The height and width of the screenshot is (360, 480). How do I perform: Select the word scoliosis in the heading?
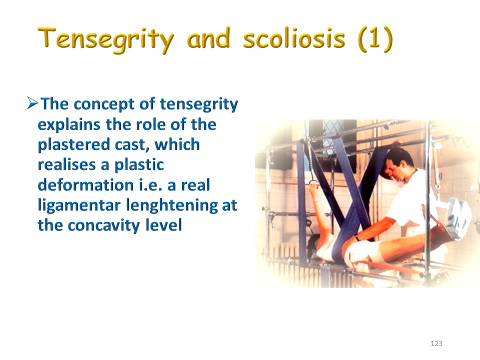pos(294,39)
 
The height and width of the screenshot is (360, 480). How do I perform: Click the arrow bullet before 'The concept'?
pos(32,103)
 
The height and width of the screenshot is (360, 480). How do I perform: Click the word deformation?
pos(85,185)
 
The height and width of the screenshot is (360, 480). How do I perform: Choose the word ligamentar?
pos(79,205)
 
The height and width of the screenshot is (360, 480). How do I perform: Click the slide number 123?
pos(436,343)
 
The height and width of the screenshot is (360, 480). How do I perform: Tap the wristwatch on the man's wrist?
pos(357,237)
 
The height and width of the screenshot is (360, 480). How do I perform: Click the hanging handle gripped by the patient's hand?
pos(313,183)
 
